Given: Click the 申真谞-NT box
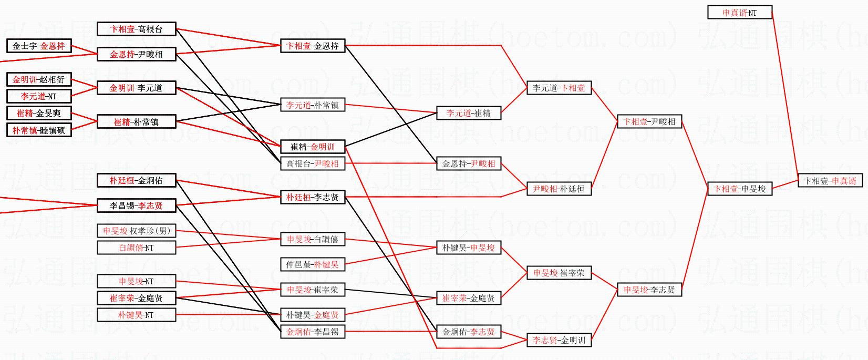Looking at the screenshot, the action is tap(740, 13).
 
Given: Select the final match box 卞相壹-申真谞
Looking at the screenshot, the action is tap(830, 181).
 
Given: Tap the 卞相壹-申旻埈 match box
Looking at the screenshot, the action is tap(740, 189).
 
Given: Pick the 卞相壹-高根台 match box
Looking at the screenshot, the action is tap(137, 29).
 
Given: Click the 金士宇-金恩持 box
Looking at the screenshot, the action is tap(39, 46).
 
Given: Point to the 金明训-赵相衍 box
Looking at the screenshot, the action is tap(39, 79).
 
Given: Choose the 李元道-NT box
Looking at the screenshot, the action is tap(39, 96).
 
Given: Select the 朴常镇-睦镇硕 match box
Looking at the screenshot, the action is tap(39, 130).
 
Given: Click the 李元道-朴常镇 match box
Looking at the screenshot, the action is tap(313, 105).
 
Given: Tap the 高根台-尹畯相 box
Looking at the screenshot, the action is tap(313, 163).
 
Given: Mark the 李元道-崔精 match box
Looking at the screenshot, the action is tap(469, 113).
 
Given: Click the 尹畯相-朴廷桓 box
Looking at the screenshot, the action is tap(559, 189).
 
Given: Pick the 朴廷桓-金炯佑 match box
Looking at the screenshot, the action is tap(137, 180).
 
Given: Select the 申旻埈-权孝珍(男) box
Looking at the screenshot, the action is tap(137, 231).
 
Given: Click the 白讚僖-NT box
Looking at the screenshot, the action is tap(137, 248).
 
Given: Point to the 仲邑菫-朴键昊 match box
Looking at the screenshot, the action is tap(313, 264).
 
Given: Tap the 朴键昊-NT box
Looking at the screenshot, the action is tap(137, 315).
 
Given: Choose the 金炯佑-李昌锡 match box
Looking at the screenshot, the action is tap(313, 331).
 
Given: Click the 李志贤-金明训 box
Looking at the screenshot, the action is tap(559, 340).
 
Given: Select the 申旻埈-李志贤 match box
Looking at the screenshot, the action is tap(649, 290).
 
